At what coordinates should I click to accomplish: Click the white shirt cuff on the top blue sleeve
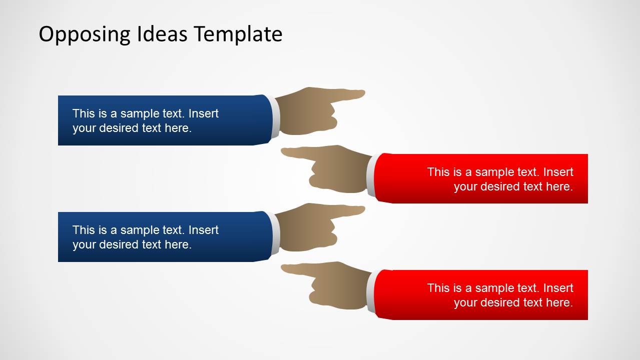coord(275,117)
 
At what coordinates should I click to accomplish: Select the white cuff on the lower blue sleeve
coord(275,233)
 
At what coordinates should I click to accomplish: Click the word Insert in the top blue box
coord(204,113)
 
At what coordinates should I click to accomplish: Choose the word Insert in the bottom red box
coord(558,288)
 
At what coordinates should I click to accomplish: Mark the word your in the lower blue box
coord(84,244)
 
